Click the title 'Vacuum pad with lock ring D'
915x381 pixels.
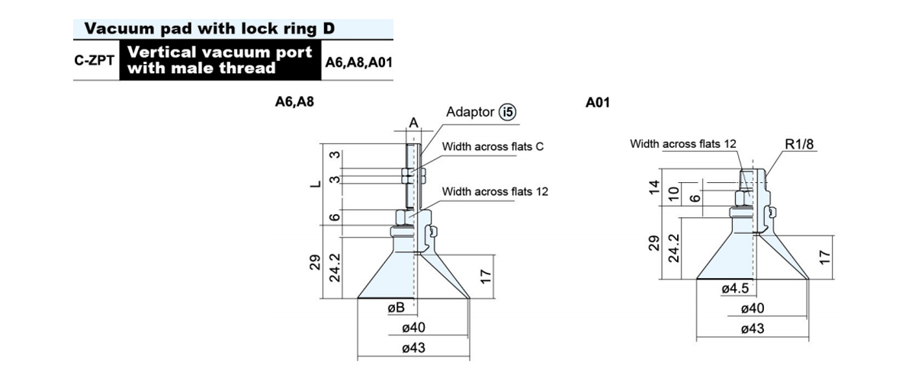click(x=209, y=29)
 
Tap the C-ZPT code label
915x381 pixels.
click(x=95, y=60)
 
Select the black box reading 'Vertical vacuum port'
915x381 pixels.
click(x=220, y=60)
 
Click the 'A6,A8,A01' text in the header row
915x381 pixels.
click(x=358, y=62)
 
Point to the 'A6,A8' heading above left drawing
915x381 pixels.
click(x=294, y=101)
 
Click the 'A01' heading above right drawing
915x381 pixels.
click(x=597, y=102)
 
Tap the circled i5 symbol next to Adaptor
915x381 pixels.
click(x=508, y=112)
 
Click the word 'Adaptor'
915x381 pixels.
click(x=470, y=112)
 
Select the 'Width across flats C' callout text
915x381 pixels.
click(x=493, y=146)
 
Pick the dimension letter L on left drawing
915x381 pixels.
click(x=316, y=184)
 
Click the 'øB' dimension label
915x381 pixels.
click(x=396, y=308)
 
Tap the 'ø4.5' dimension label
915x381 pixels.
click(x=735, y=288)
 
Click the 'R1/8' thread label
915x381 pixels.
click(x=799, y=144)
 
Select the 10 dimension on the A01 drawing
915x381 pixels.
click(x=674, y=194)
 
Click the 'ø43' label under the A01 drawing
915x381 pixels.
click(x=753, y=328)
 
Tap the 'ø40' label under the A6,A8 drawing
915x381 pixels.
click(x=413, y=328)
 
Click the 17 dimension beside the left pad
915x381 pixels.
click(x=485, y=277)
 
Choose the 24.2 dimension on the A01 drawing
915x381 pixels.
click(x=674, y=248)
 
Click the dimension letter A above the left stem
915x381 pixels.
click(x=414, y=123)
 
